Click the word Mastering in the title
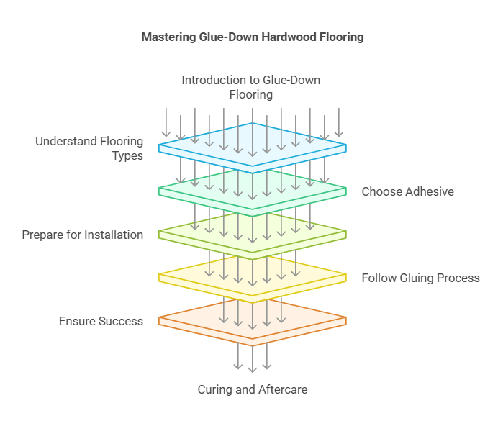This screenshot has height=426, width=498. pyautogui.click(x=167, y=37)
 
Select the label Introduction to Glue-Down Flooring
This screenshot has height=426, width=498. pyautogui.click(x=250, y=87)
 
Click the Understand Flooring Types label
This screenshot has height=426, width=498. pyautogui.click(x=89, y=148)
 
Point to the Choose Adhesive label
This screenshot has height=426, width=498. pyautogui.click(x=407, y=191)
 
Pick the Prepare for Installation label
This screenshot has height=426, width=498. pyautogui.click(x=82, y=235)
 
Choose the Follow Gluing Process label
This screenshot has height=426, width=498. pyautogui.click(x=420, y=278)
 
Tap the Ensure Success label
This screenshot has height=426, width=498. pyautogui.click(x=101, y=321)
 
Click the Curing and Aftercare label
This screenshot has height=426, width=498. pyautogui.click(x=252, y=389)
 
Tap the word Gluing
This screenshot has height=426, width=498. pyautogui.click(x=416, y=278)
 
